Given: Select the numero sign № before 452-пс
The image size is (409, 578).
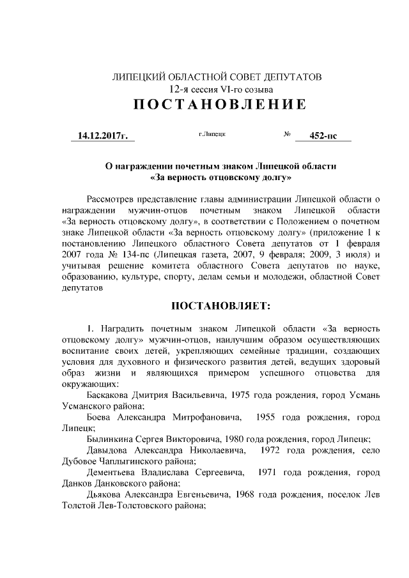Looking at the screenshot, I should click(x=287, y=135).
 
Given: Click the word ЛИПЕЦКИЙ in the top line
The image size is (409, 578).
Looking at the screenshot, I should click(x=138, y=77).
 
